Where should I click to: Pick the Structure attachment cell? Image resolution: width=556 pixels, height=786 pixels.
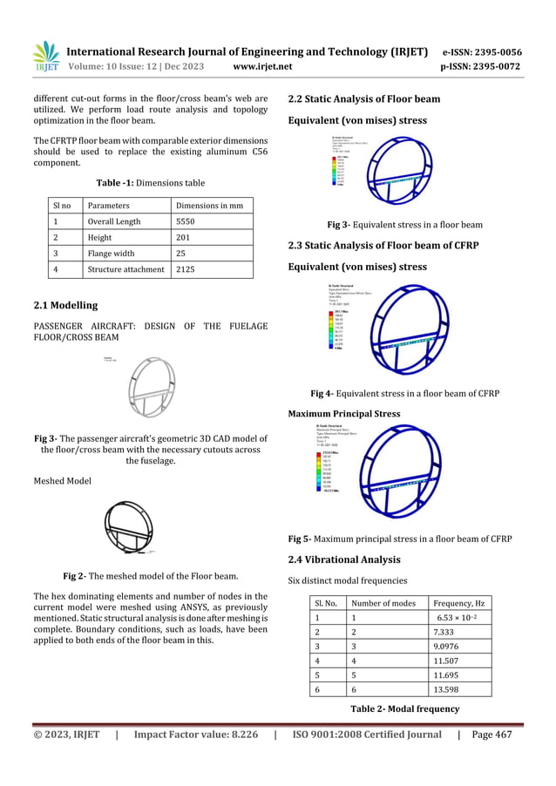[125, 269]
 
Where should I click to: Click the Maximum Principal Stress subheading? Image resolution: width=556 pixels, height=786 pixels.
[344, 413]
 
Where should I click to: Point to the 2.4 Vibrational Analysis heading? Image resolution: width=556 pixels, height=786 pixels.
[344, 559]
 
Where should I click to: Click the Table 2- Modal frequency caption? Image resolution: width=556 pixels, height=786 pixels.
[404, 708]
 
